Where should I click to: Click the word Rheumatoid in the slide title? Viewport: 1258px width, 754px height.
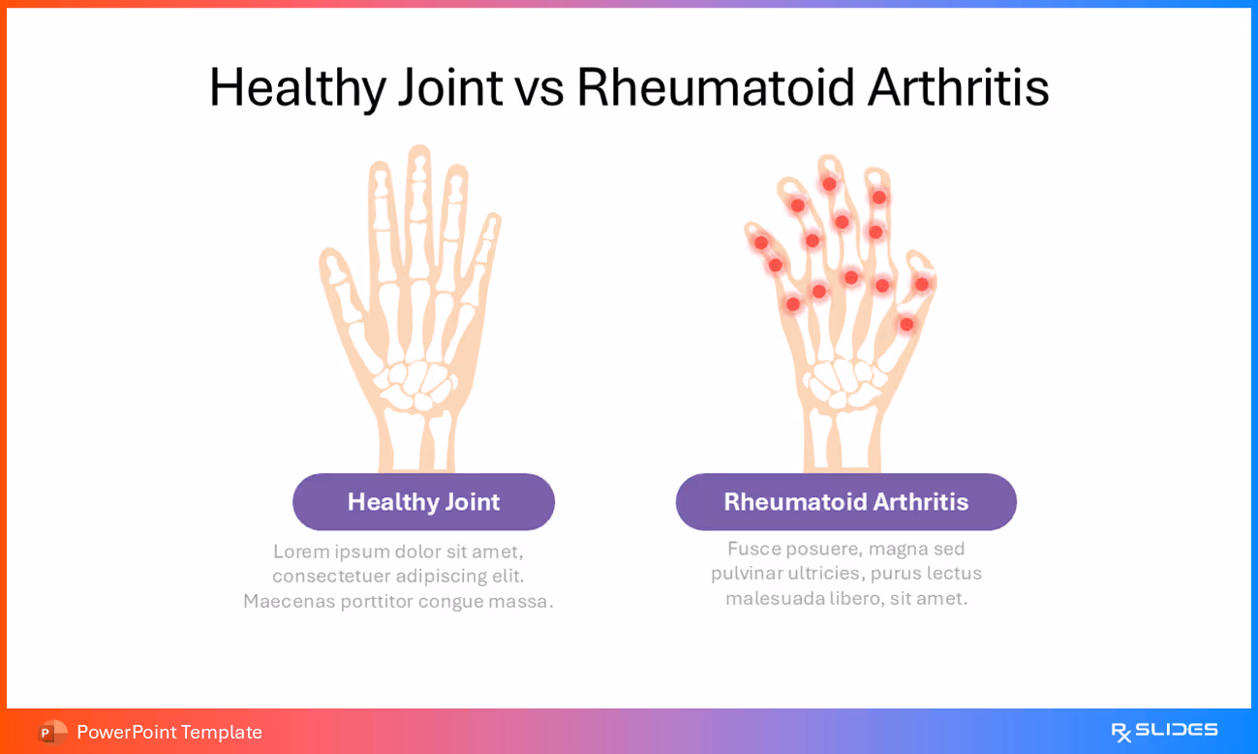pyautogui.click(x=715, y=87)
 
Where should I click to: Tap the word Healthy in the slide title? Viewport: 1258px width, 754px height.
pyautogui.click(x=279, y=87)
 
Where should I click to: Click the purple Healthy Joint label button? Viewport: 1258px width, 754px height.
pyautogui.click(x=423, y=502)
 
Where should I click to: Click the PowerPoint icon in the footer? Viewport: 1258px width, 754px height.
pyautogui.click(x=51, y=732)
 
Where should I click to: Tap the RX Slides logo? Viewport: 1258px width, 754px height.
pyautogui.click(x=1164, y=731)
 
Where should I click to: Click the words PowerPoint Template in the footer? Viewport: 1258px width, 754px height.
pyautogui.click(x=169, y=732)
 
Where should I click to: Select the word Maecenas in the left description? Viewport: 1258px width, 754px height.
pyautogui.click(x=288, y=601)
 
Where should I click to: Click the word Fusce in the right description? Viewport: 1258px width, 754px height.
pyautogui.click(x=752, y=549)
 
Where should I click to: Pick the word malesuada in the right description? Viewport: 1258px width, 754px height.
pyautogui.click(x=774, y=598)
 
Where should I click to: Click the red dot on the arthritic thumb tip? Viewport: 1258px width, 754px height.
pyautogui.click(x=921, y=284)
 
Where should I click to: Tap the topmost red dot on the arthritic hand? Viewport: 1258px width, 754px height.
pyautogui.click(x=829, y=183)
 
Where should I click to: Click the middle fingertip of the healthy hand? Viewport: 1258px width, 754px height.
pyautogui.click(x=418, y=156)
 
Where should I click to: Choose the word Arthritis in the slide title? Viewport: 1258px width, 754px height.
pyautogui.click(x=958, y=87)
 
